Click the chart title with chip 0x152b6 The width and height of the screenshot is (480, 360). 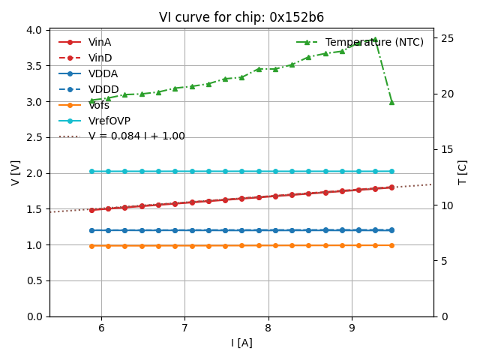pos(241,17)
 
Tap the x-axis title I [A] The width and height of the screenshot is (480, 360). pos(241,343)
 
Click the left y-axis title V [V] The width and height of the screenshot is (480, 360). pos(16,172)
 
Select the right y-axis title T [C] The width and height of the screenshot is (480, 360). pos(463,172)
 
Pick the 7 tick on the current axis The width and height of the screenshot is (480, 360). pos(184,327)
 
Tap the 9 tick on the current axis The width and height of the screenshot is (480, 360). pos(352,327)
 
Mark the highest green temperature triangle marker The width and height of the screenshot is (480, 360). pos(375,40)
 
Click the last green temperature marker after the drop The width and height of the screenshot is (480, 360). pos(391,102)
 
